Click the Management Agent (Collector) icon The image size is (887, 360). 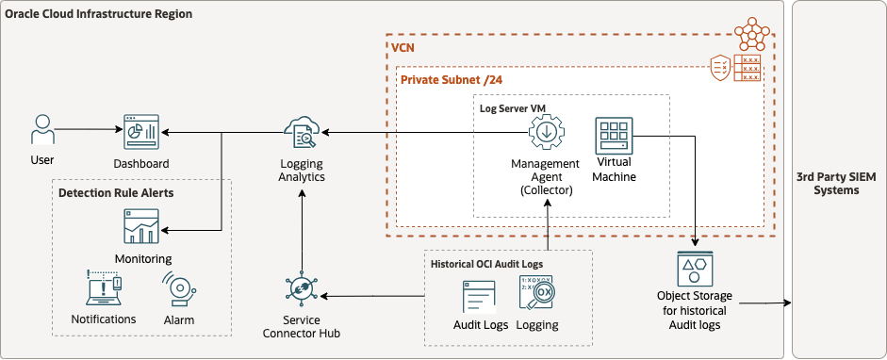click(x=545, y=135)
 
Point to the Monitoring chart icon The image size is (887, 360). click(x=142, y=227)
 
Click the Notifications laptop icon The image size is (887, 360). click(x=104, y=289)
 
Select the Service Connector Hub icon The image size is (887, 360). click(x=302, y=289)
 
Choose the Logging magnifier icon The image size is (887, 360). click(x=537, y=296)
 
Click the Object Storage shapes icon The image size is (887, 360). click(x=695, y=269)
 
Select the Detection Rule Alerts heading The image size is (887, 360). click(x=116, y=192)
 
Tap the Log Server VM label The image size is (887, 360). click(x=511, y=107)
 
